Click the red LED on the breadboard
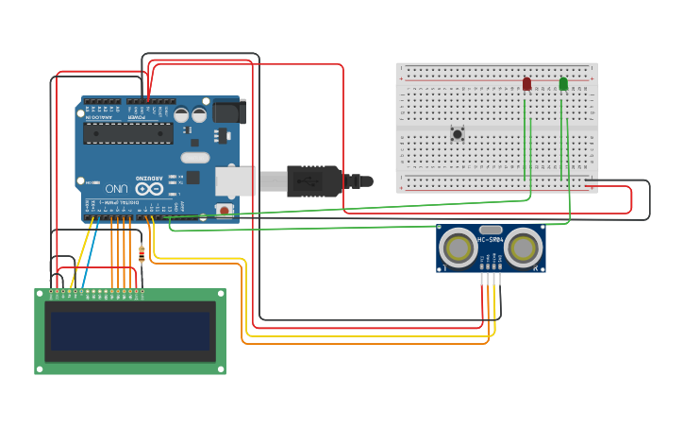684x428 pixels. pos(526,84)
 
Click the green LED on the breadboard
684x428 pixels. pos(563,84)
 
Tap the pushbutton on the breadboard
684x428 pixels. pos(458,133)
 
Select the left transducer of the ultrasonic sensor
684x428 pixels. pos(459,248)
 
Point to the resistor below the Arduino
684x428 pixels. pos(142,253)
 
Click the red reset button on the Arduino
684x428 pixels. pos(225,209)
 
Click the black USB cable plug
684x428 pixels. pos(311,180)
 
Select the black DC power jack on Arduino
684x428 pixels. pos(228,111)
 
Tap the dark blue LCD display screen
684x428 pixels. pos(130,332)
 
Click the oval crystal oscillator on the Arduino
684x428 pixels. pos(194,157)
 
